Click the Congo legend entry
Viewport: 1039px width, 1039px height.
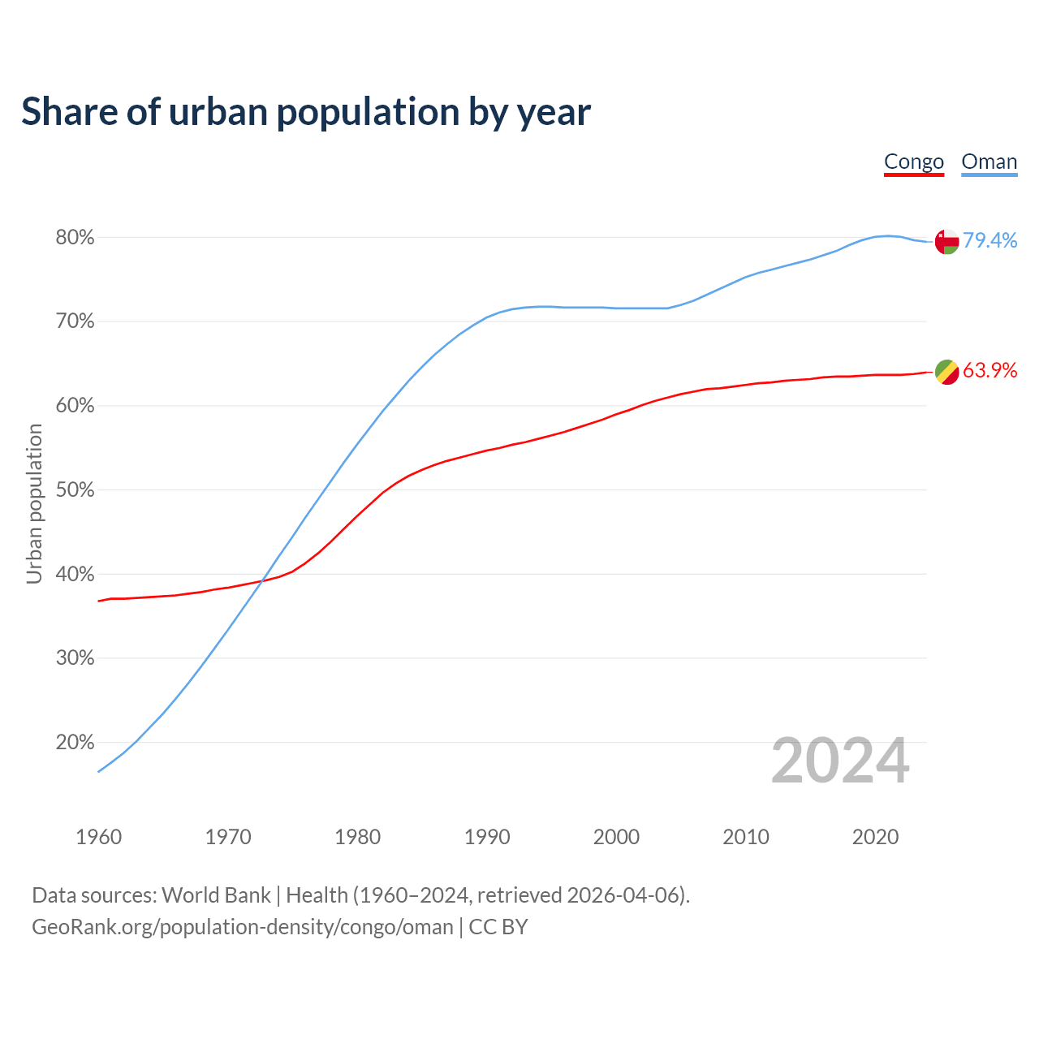(x=913, y=162)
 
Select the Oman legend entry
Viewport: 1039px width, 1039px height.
(x=989, y=162)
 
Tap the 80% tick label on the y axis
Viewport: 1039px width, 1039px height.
(x=75, y=238)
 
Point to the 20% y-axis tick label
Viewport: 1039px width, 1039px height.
(x=75, y=742)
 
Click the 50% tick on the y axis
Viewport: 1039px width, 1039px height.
(x=75, y=490)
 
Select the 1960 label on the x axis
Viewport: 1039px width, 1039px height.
(x=98, y=837)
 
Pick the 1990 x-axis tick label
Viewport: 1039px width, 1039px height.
(x=487, y=837)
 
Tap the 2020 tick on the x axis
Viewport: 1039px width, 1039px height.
(x=875, y=837)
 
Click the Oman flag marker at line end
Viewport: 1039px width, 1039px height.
(x=946, y=241)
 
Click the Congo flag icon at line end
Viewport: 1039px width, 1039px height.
(x=946, y=372)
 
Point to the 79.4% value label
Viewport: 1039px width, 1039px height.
(x=989, y=240)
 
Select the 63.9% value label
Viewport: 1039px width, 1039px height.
(x=989, y=371)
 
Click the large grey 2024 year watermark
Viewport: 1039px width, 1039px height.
(x=840, y=761)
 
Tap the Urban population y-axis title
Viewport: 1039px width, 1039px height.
(x=34, y=503)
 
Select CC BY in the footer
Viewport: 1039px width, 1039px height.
(x=498, y=927)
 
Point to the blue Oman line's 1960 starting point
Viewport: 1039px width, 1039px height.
(x=98, y=771)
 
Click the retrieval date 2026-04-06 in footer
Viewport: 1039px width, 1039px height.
(x=625, y=895)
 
